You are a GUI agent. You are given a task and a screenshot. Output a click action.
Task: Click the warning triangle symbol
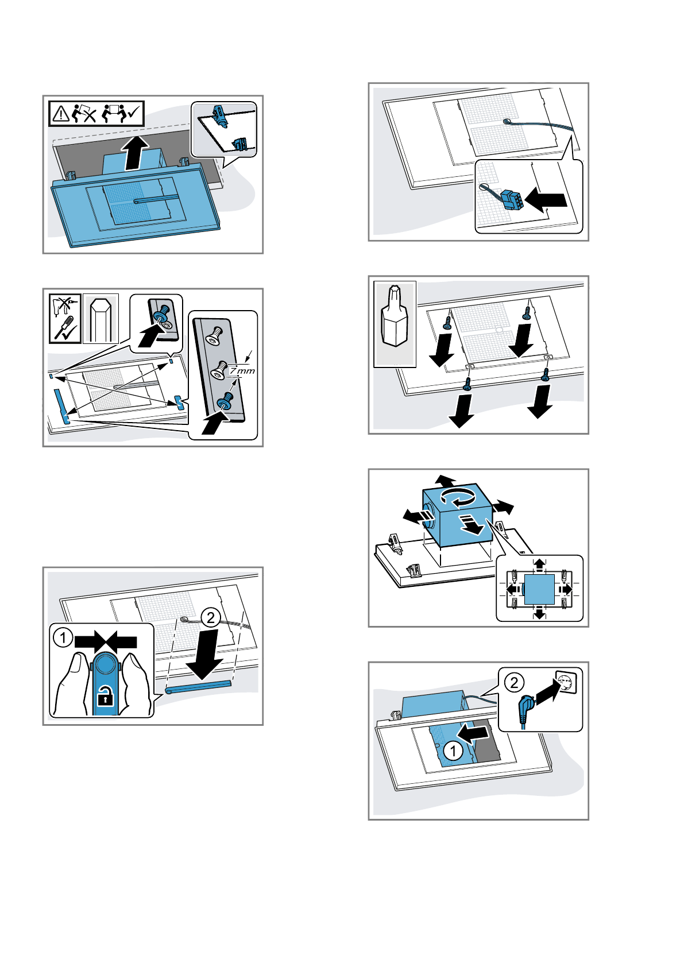coord(60,114)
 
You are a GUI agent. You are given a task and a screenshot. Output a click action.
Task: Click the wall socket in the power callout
coord(566,682)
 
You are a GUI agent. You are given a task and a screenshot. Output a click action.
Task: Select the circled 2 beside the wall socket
coord(514,682)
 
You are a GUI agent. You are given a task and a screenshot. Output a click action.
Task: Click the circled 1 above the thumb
coord(63,637)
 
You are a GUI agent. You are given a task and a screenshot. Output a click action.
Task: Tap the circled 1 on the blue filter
coord(453,751)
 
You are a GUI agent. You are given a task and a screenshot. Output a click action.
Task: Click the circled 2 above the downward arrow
coord(211,617)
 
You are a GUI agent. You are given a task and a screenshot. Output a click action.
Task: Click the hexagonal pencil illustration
coord(101,318)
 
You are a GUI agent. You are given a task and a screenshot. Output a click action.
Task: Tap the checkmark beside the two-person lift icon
coord(136,114)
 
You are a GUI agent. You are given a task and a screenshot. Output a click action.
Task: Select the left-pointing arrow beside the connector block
coord(546,200)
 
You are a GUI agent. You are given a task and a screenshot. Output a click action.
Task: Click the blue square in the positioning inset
coord(539,589)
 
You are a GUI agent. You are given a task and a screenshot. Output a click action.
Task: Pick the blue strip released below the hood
coord(198,687)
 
